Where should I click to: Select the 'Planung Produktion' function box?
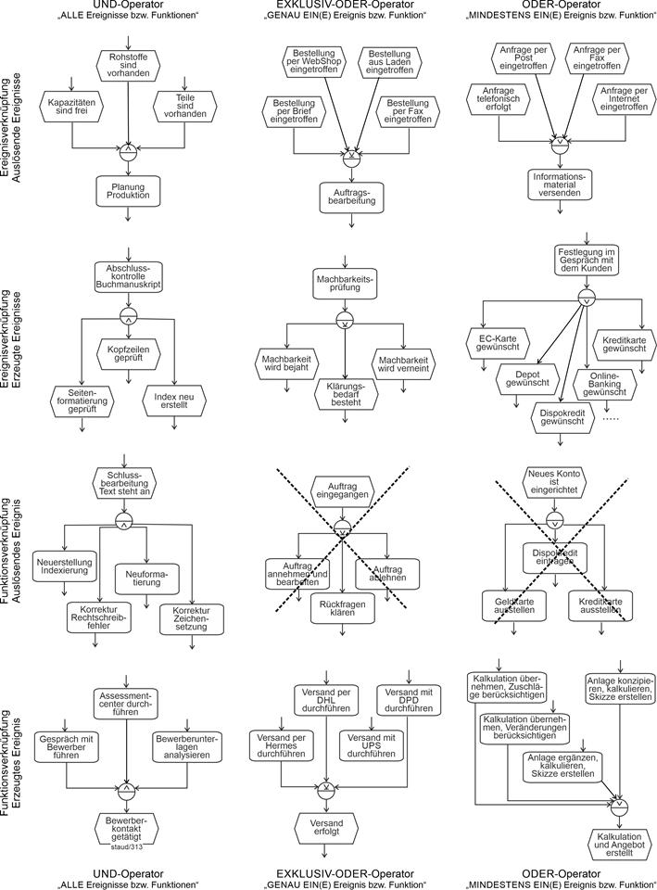click(128, 192)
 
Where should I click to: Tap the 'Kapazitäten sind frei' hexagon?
click(72, 108)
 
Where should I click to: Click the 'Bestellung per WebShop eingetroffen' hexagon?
click(312, 61)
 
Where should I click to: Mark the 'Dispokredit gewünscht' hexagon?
click(562, 415)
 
